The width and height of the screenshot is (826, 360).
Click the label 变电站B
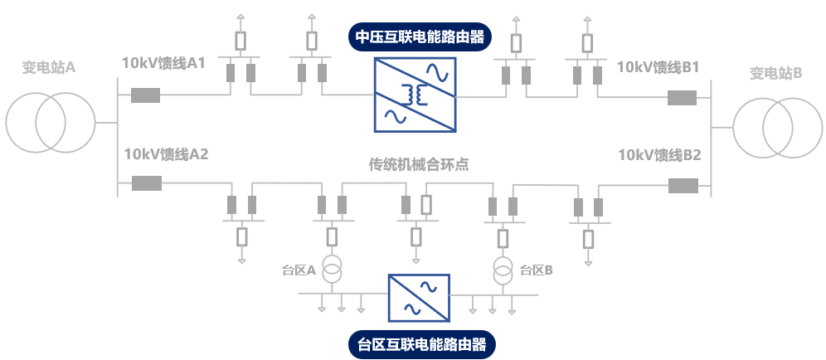coord(776,73)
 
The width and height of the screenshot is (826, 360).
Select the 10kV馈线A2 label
coord(166,154)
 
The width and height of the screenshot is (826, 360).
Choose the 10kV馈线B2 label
coord(660,155)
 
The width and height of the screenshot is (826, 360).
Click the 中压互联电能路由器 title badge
coord(418,37)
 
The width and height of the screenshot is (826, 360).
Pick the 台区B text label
coord(537,270)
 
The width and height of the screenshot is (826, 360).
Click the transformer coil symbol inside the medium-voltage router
coord(415,95)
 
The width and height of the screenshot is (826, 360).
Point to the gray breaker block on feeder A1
coord(145,95)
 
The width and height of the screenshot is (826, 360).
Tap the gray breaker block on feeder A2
coord(147,183)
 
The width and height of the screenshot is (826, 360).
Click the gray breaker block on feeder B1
coord(683,98)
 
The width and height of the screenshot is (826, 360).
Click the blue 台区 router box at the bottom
coord(419,298)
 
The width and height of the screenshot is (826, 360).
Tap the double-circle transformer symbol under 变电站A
coord(48,122)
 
